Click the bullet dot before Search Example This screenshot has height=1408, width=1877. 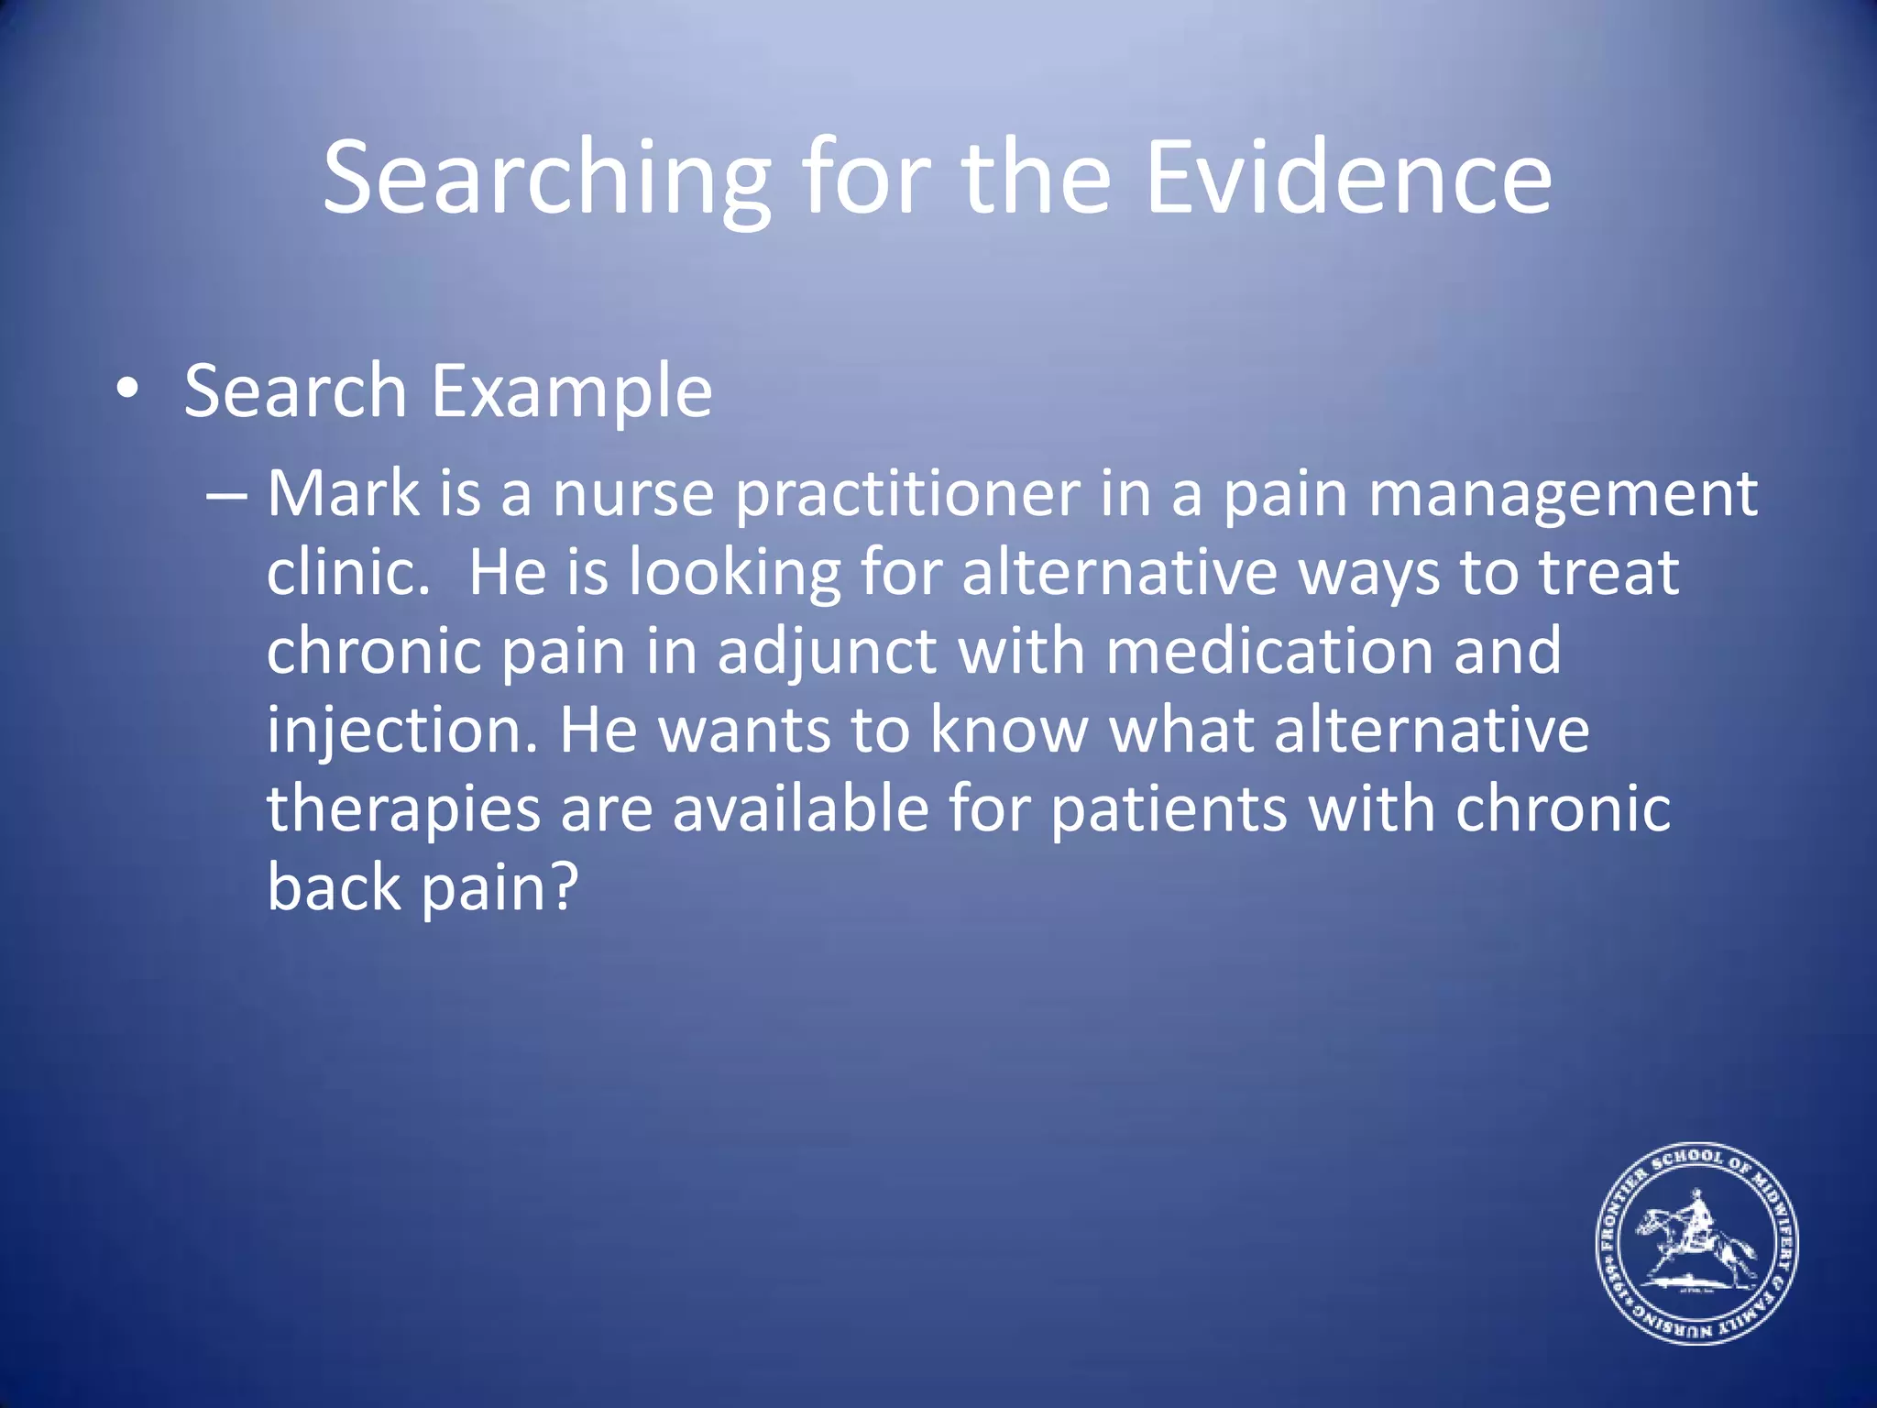128,390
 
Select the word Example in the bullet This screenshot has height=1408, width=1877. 571,392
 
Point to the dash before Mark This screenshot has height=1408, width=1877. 226,496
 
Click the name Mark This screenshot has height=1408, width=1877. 343,495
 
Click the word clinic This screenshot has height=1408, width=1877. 347,573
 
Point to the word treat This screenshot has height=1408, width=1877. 1608,573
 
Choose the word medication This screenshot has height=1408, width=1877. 1269,652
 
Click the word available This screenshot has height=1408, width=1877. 801,809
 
